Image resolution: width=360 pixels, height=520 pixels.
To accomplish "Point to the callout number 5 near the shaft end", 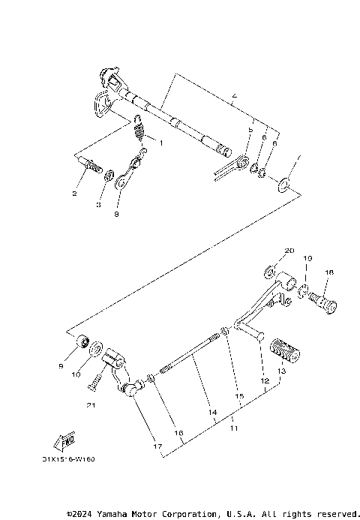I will [230, 130].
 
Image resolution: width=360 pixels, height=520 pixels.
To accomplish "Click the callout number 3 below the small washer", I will [97, 205].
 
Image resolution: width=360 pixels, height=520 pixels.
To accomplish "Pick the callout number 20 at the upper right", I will [289, 250].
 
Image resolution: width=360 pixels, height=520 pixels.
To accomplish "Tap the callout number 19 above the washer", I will [307, 258].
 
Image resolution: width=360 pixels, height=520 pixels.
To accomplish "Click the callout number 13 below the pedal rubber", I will [281, 371].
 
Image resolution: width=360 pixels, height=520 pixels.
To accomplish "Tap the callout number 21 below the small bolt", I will [91, 405].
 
